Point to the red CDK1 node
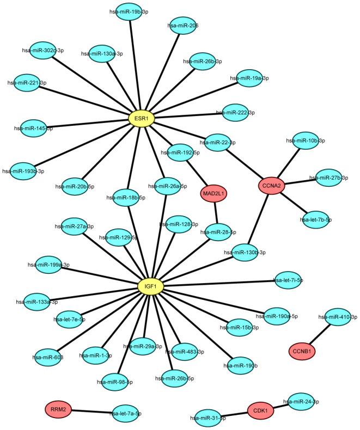(261, 409)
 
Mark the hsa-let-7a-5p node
(125, 414)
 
